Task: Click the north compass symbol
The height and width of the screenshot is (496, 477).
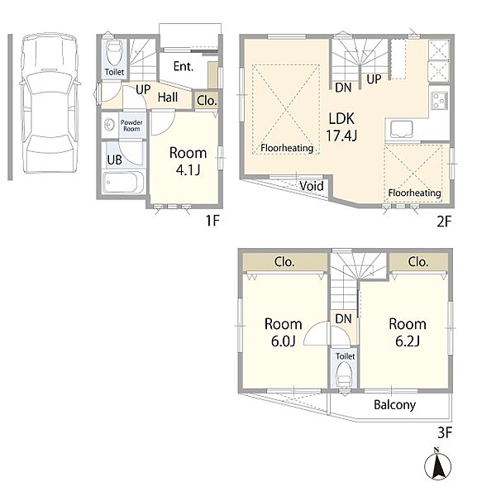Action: click(x=438, y=465)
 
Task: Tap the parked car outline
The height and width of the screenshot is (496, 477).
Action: click(x=50, y=103)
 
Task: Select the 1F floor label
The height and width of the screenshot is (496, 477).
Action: click(x=212, y=220)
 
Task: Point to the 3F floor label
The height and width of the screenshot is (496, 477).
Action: click(x=445, y=432)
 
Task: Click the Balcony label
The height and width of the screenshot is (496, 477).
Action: click(x=394, y=404)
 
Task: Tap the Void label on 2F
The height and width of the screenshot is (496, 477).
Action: click(x=312, y=186)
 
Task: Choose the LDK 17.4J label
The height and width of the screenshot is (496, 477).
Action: click(x=341, y=127)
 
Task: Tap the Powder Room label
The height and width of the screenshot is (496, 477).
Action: click(x=131, y=126)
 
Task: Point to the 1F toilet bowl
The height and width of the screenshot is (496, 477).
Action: click(x=113, y=53)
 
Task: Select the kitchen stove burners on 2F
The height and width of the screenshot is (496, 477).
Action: click(x=439, y=101)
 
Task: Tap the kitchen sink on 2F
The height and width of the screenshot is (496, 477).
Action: click(x=402, y=130)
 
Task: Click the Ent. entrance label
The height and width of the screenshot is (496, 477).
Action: click(x=184, y=66)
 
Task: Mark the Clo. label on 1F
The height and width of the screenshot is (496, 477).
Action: click(x=207, y=101)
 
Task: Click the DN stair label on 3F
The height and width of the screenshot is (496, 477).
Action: click(x=343, y=319)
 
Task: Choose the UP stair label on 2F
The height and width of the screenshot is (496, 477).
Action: click(x=374, y=79)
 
